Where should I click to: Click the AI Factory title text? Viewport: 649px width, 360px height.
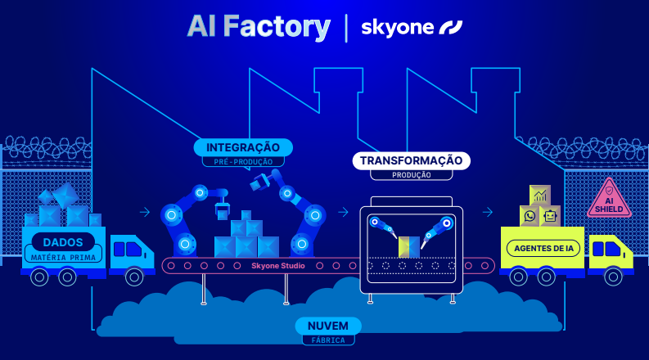tap(258, 27)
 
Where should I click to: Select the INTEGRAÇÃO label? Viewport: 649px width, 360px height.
tap(243, 147)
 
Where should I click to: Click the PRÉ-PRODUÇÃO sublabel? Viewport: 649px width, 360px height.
tap(243, 162)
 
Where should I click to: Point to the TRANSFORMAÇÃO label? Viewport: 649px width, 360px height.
tap(411, 160)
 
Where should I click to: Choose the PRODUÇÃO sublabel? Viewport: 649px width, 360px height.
tap(411, 174)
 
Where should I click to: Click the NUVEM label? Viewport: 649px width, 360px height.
tap(327, 326)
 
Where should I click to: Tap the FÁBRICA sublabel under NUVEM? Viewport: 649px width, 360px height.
tap(327, 340)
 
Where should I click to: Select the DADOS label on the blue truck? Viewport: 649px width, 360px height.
tap(63, 242)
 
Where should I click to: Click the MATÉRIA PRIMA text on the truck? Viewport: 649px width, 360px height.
tap(63, 256)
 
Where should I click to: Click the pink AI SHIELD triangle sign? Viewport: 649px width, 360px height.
tap(609, 199)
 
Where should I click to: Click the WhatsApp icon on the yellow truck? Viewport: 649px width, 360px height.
tap(530, 216)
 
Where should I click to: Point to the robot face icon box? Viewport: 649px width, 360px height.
tap(550, 216)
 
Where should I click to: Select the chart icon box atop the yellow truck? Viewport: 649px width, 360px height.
tap(540, 196)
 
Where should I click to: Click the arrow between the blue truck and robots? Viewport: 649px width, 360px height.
tap(145, 212)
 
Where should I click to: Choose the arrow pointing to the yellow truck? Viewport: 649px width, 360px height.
tap(487, 212)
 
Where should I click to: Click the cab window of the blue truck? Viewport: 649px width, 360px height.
tap(130, 247)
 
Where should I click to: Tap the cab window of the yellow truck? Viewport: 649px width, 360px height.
tap(610, 247)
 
